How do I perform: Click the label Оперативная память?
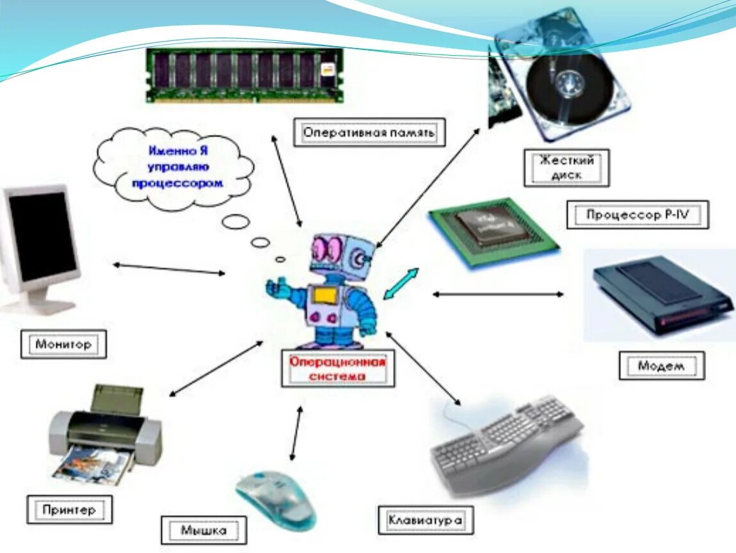[x=369, y=133]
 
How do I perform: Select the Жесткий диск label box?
[x=566, y=168]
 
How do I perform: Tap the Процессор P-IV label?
[x=637, y=214]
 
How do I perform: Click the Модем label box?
[x=661, y=365]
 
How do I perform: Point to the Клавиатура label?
[x=425, y=520]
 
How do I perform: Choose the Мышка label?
[x=204, y=530]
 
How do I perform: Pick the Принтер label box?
[x=69, y=509]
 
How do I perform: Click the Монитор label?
[x=63, y=344]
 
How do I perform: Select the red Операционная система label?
[x=338, y=369]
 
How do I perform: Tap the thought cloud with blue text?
[x=173, y=168]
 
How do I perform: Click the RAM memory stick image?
[x=244, y=75]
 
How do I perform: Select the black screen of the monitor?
[x=42, y=236]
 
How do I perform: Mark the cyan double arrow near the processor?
[x=401, y=284]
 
